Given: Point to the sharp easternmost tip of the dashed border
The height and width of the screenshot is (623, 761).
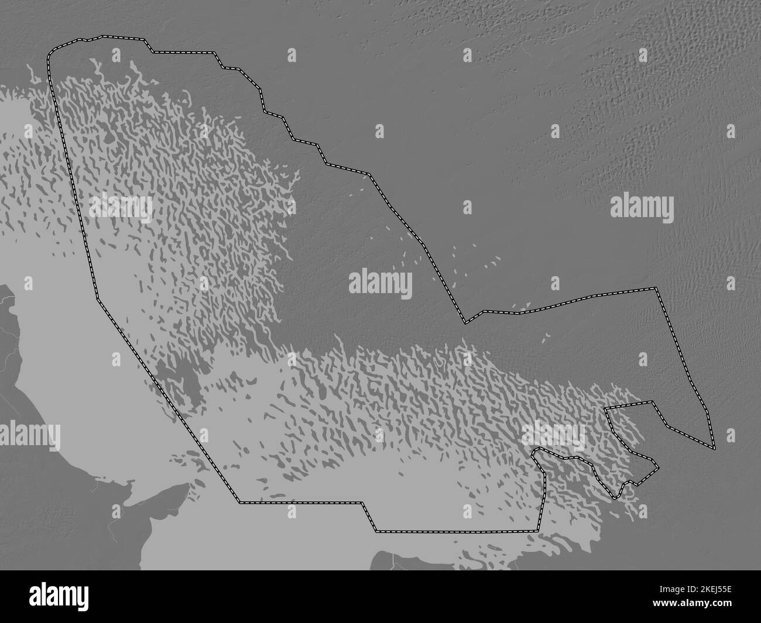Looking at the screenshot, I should click(715, 449).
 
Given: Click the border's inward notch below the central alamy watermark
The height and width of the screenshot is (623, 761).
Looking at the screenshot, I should click(466, 322).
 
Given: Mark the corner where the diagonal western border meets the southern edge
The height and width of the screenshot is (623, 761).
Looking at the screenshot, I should click(239, 502).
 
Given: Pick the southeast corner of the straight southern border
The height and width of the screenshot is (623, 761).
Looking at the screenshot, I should click(537, 531).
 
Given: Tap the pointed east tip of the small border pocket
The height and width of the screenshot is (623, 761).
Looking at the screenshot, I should click(657, 468).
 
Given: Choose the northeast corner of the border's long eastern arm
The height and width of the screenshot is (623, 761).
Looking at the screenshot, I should click(656, 288).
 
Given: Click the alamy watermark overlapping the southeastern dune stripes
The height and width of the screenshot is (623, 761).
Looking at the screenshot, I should click(553, 433).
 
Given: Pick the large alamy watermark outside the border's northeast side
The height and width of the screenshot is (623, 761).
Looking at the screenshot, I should click(642, 207).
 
